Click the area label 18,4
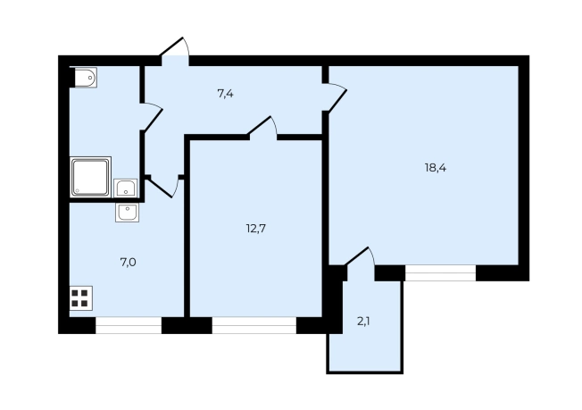tap(436, 168)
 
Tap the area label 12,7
tap(255, 229)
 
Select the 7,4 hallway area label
tap(225, 94)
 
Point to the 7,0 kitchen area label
tap(128, 263)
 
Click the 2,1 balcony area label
tap(363, 322)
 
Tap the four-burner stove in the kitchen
tap(81, 298)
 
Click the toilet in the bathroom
tap(86, 78)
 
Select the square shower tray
tap(90, 177)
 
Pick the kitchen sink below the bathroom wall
tap(128, 213)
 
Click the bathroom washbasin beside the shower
tap(126, 188)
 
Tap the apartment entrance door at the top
tap(174, 51)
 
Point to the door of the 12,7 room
tap(262, 128)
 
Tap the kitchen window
tap(129, 325)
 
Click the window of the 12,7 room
tap(254, 325)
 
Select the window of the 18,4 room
tap(441, 273)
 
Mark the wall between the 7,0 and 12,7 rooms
tap(187, 226)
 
